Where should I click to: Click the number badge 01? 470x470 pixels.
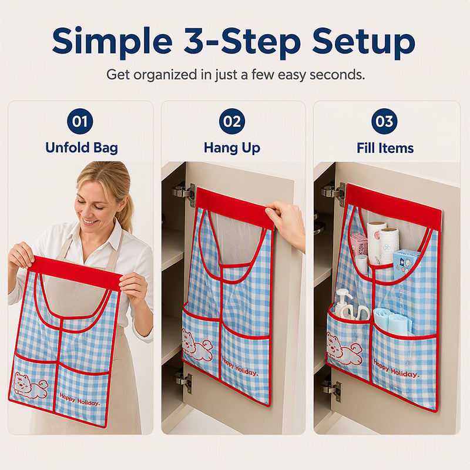(x=80, y=121)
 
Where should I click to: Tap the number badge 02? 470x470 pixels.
(x=232, y=121)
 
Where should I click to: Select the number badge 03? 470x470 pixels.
(x=384, y=121)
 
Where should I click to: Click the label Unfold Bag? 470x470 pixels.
(x=82, y=148)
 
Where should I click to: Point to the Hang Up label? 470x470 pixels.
(x=232, y=148)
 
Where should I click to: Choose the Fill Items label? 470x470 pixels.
(x=385, y=148)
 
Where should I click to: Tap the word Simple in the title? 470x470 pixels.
(x=112, y=42)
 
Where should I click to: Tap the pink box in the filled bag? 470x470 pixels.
(x=358, y=245)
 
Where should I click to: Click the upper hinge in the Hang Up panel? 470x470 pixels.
(x=184, y=193)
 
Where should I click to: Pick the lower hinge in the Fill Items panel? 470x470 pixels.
(x=333, y=390)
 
